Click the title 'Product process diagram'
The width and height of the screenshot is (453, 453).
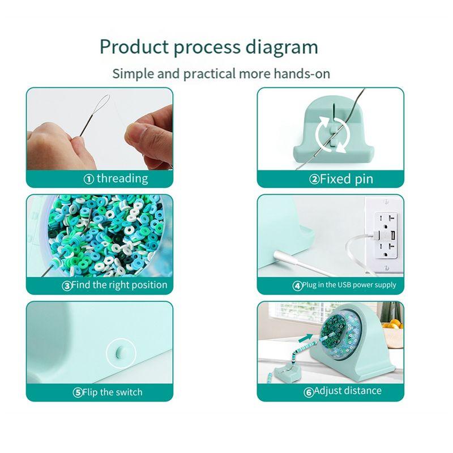pyautogui.click(x=208, y=47)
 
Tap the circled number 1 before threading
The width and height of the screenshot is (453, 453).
pyautogui.click(x=88, y=179)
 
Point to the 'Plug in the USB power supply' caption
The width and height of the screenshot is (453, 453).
pyautogui.click(x=349, y=285)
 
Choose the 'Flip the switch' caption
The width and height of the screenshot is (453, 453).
pyautogui.click(x=112, y=392)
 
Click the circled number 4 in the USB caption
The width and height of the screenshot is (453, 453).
pyautogui.click(x=297, y=286)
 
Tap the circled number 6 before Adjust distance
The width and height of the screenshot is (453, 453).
pyautogui.click(x=309, y=392)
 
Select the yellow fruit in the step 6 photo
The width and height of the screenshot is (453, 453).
pyautogui.click(x=391, y=324)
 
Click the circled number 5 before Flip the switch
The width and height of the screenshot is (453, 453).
pyautogui.click(x=78, y=392)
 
